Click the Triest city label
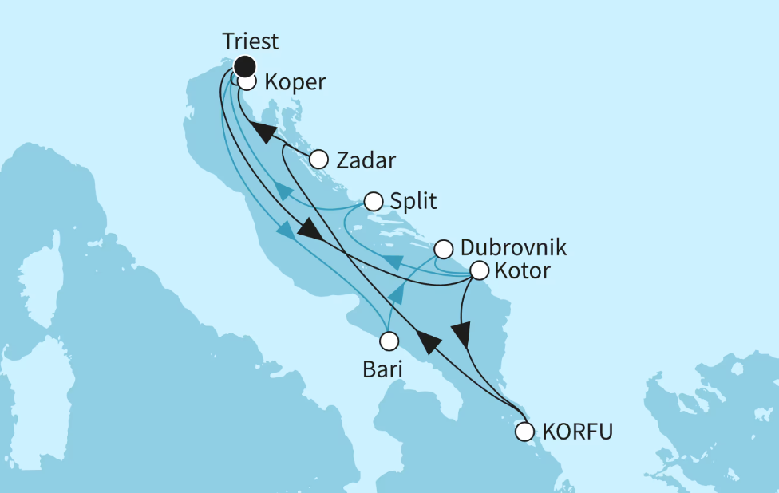tap(251, 41)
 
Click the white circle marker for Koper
tap(247, 81)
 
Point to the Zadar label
tap(366, 160)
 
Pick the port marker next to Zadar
tap(319, 158)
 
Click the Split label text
tap(413, 201)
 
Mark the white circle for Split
tap(373, 201)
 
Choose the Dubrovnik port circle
tap(443, 249)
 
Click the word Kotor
tap(522, 271)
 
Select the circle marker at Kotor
tap(479, 270)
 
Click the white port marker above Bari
tap(389, 341)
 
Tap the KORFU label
tap(577, 432)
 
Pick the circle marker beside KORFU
tap(524, 432)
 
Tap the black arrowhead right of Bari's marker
tap(429, 341)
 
